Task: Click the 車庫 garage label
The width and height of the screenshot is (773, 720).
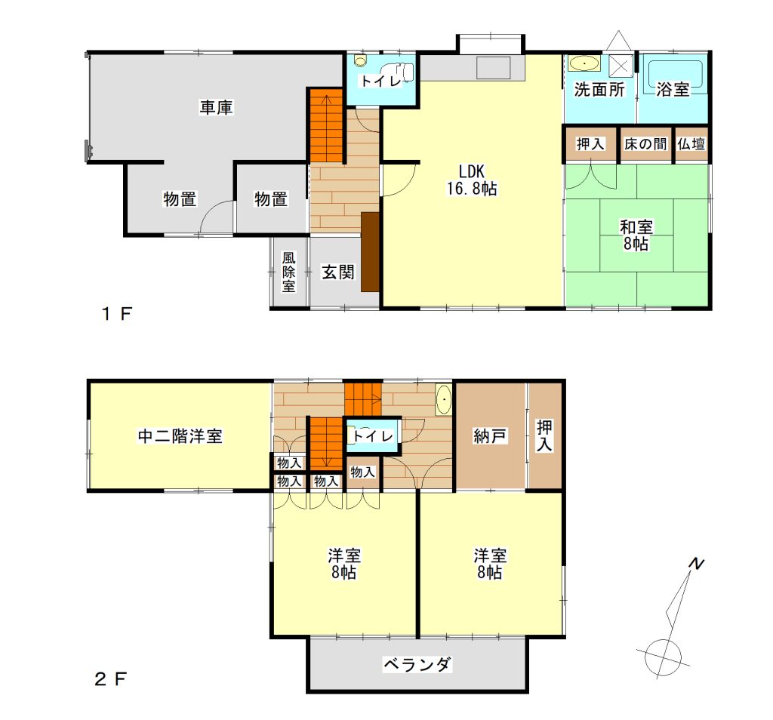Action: [x=216, y=107]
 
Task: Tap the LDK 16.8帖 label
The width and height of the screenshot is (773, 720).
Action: [x=472, y=180]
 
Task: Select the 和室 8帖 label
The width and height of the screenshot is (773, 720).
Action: [x=636, y=235]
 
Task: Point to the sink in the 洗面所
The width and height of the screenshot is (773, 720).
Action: [x=585, y=63]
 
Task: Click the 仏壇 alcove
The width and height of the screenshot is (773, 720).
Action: [x=691, y=144]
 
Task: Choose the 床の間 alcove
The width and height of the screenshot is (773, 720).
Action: [x=645, y=144]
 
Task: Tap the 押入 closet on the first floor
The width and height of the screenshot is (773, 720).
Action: [x=590, y=144]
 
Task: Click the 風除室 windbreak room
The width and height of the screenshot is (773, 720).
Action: [x=288, y=272]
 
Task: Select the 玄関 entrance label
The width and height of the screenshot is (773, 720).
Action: [x=337, y=272]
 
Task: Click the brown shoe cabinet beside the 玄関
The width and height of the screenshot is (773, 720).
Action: [x=370, y=252]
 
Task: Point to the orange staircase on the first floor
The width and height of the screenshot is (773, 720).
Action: [x=326, y=126]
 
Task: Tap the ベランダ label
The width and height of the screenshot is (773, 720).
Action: [x=417, y=664]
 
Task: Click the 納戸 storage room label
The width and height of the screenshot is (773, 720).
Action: [x=489, y=435]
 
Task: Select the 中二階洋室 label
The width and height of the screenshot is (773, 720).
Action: [x=180, y=436]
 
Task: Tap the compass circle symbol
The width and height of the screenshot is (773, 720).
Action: [x=663, y=657]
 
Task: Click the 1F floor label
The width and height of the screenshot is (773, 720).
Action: [x=117, y=313]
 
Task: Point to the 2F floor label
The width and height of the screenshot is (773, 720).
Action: [x=110, y=679]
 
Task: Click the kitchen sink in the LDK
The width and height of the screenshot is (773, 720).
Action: [x=493, y=68]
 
